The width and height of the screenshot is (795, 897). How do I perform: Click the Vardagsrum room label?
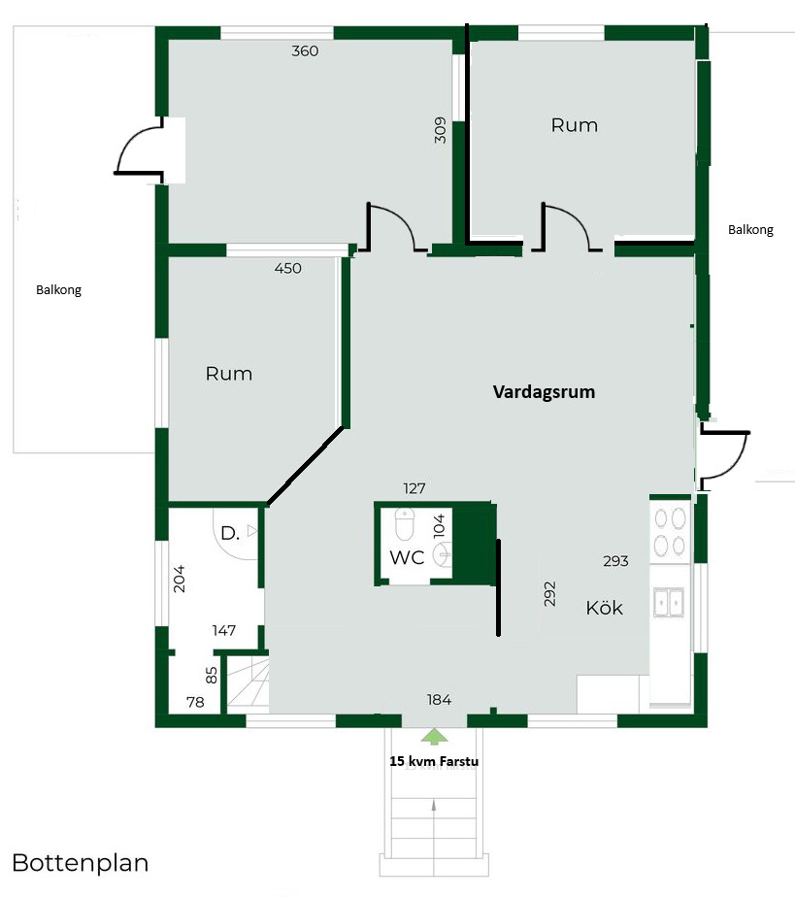(x=544, y=392)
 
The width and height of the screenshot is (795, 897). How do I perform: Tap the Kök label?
(x=604, y=608)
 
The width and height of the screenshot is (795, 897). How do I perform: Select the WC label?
(x=407, y=557)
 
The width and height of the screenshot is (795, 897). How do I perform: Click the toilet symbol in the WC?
(x=405, y=524)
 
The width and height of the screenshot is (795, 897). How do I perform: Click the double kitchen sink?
(x=669, y=603)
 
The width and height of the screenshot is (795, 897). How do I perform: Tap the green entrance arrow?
(x=435, y=736)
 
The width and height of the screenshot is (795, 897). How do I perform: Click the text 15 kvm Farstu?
(x=434, y=761)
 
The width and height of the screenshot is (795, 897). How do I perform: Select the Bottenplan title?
(x=80, y=863)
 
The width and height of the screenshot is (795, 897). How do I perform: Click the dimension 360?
(x=305, y=50)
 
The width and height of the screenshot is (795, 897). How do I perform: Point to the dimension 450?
(x=287, y=268)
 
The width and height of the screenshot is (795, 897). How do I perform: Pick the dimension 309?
(x=440, y=130)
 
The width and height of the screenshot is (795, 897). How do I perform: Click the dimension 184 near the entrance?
(x=439, y=700)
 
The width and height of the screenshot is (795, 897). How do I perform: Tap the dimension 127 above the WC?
(x=414, y=488)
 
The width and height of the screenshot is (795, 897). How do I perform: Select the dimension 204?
(x=179, y=579)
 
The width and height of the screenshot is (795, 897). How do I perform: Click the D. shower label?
(x=230, y=534)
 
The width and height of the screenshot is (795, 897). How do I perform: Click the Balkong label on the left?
(x=58, y=290)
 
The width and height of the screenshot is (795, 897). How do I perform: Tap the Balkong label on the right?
(x=750, y=230)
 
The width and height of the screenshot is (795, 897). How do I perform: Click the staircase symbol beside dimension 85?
(x=248, y=683)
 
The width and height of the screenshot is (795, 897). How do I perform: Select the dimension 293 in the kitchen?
(x=615, y=561)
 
